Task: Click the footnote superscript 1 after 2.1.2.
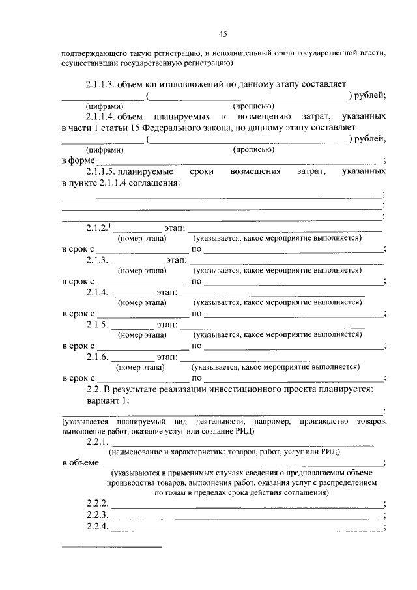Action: pyautogui.click(x=110, y=225)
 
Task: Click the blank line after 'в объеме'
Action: pyautogui.click(x=242, y=463)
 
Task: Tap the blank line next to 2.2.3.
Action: pyautogui.click(x=248, y=515)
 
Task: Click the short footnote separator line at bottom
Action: pyautogui.click(x=111, y=547)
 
